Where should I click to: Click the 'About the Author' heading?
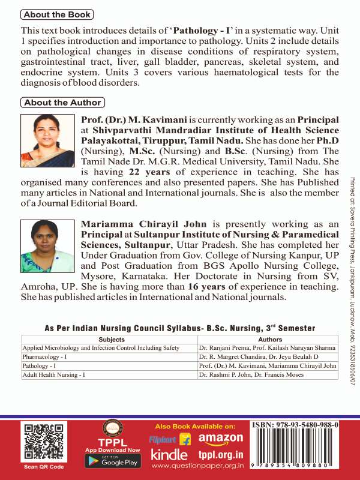pyautogui.click(x=62, y=102)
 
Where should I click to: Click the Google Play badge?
pyautogui.click(x=112, y=461)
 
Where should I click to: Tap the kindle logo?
pyautogui.click(x=169, y=455)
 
